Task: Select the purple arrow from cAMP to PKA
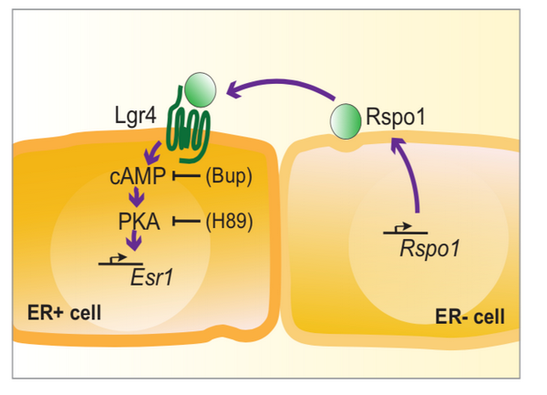point(137,197)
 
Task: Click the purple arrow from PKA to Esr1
point(137,242)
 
